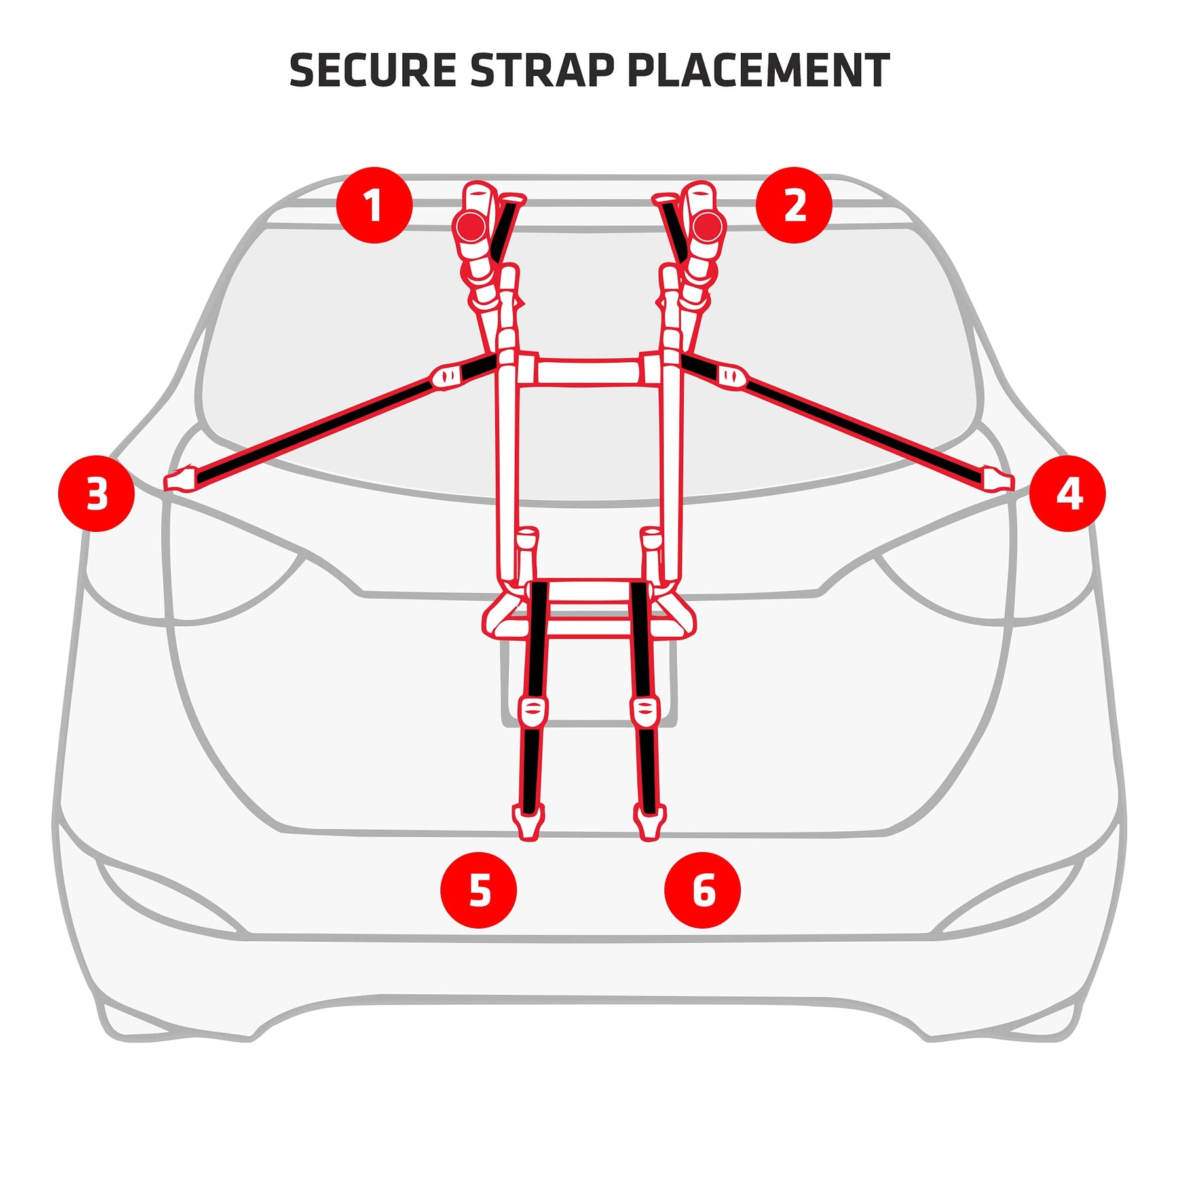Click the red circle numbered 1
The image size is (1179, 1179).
click(x=374, y=205)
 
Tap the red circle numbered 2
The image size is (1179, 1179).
click(x=794, y=205)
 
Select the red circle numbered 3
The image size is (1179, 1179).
click(x=96, y=493)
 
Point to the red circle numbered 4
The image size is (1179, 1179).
click(x=1067, y=493)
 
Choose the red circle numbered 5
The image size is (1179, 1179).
click(x=479, y=890)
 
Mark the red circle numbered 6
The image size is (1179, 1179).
click(x=702, y=890)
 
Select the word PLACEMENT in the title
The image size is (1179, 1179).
click(x=758, y=70)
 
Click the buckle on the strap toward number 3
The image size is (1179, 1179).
click(x=447, y=376)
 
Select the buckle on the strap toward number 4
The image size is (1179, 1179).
click(x=732, y=376)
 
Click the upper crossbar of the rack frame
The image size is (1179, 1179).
click(x=588, y=371)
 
